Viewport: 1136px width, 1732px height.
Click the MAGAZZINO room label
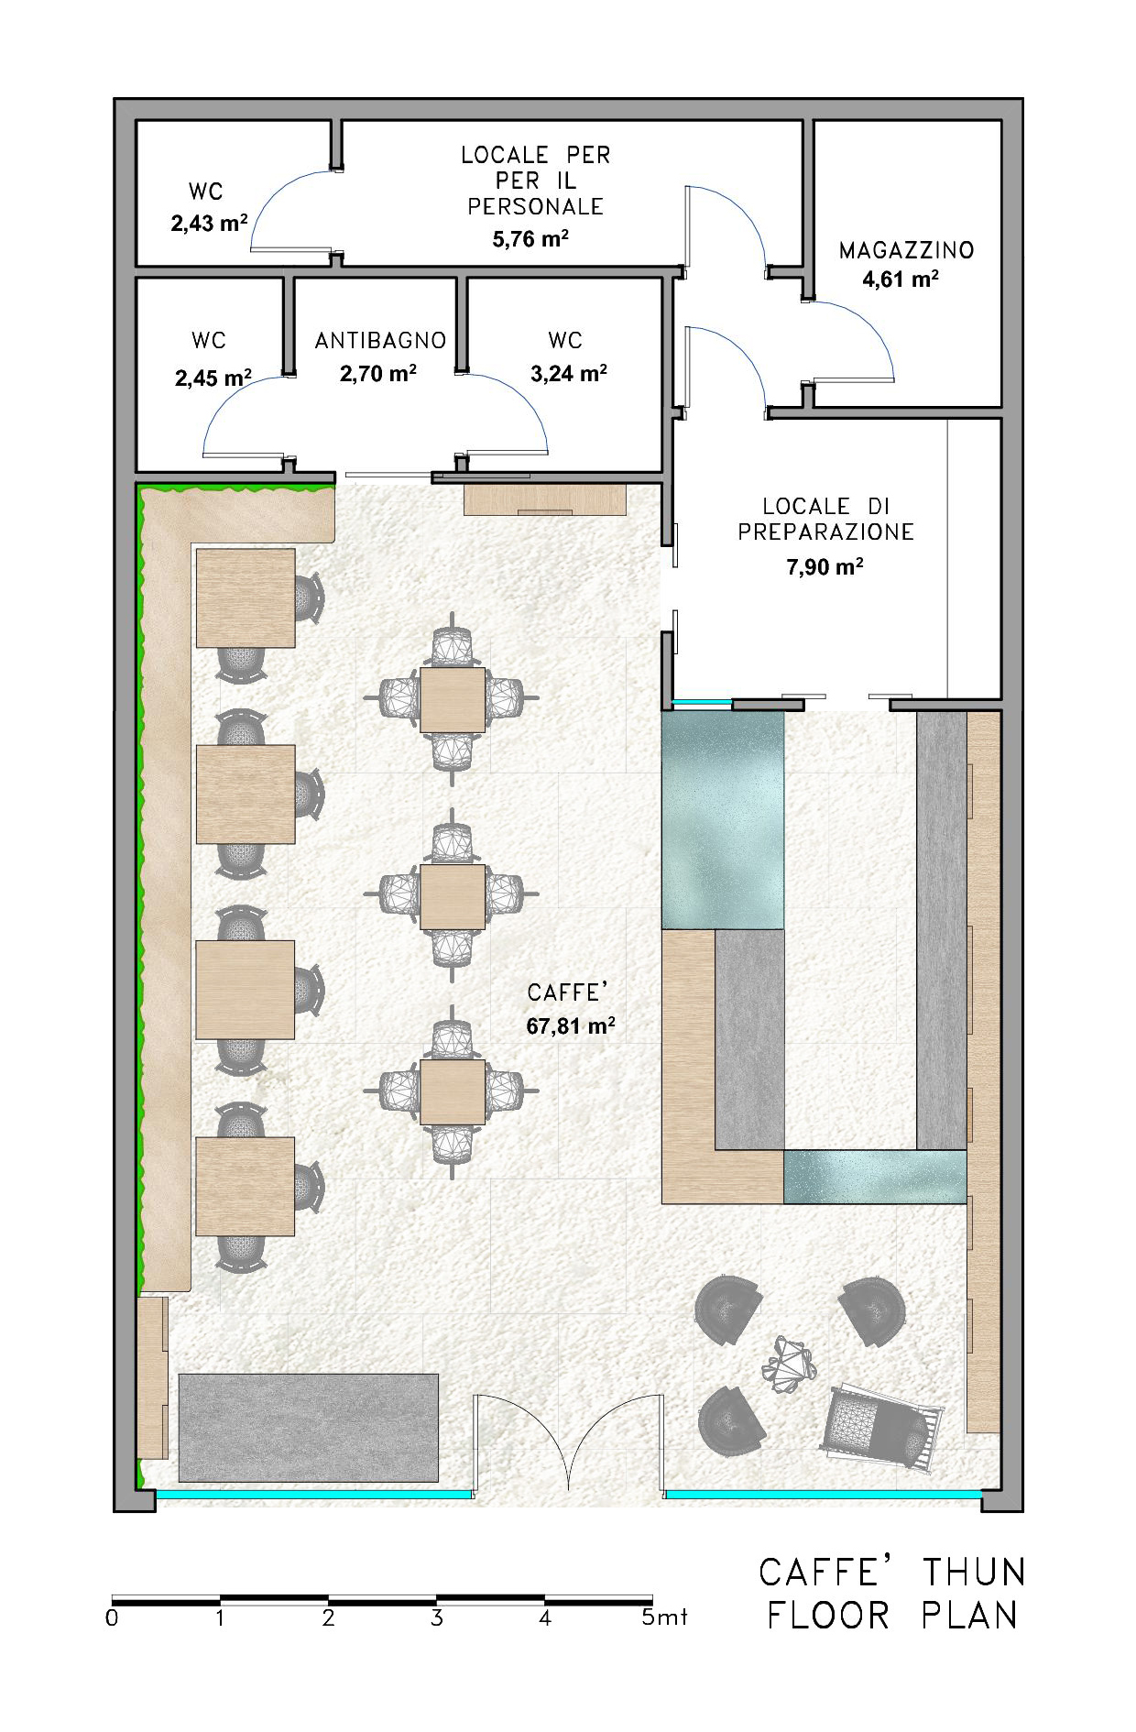pyautogui.click(x=906, y=250)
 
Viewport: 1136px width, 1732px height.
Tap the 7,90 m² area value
pyautogui.click(x=825, y=566)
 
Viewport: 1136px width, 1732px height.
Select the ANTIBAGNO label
pyautogui.click(x=380, y=341)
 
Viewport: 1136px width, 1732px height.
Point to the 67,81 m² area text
pyautogui.click(x=570, y=1025)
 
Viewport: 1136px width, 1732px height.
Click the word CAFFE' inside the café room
pyautogui.click(x=568, y=992)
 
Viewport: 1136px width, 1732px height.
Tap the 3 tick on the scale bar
pyautogui.click(x=437, y=1618)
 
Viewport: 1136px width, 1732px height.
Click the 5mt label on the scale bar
pyautogui.click(x=664, y=1618)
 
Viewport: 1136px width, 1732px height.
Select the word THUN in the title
pyautogui.click(x=973, y=1573)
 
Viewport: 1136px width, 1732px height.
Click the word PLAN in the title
pyautogui.click(x=969, y=1616)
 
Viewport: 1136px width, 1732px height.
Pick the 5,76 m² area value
pyautogui.click(x=530, y=239)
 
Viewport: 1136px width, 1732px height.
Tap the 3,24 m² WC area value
pyautogui.click(x=568, y=373)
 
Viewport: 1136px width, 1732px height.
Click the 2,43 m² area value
pyautogui.click(x=209, y=223)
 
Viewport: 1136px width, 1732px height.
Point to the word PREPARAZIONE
pyautogui.click(x=826, y=532)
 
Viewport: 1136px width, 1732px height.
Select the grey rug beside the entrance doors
pyautogui.click(x=309, y=1428)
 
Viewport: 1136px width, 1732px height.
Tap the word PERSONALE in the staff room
pyautogui.click(x=535, y=207)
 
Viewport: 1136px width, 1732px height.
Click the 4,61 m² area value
pyautogui.click(x=900, y=280)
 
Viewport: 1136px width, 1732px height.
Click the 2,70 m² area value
pyautogui.click(x=378, y=373)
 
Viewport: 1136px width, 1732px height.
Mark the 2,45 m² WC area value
pyautogui.click(x=213, y=377)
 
